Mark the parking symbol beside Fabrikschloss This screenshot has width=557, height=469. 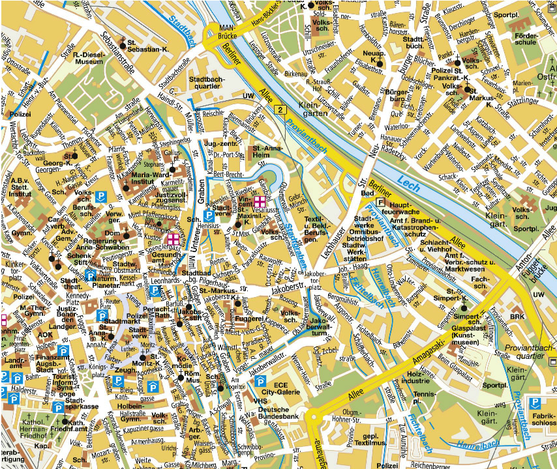(x=534, y=403)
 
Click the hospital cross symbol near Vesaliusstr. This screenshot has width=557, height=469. (x=260, y=202)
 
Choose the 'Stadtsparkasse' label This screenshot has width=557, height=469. (x=82, y=403)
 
